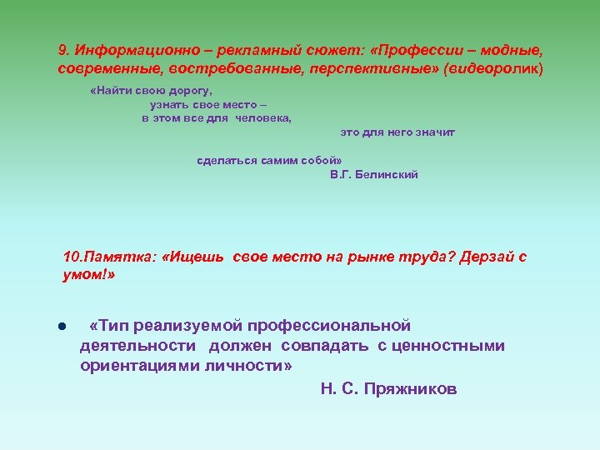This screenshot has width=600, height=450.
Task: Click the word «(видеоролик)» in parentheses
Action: coord(493,68)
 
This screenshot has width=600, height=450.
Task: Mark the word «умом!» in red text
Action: coord(88,275)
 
